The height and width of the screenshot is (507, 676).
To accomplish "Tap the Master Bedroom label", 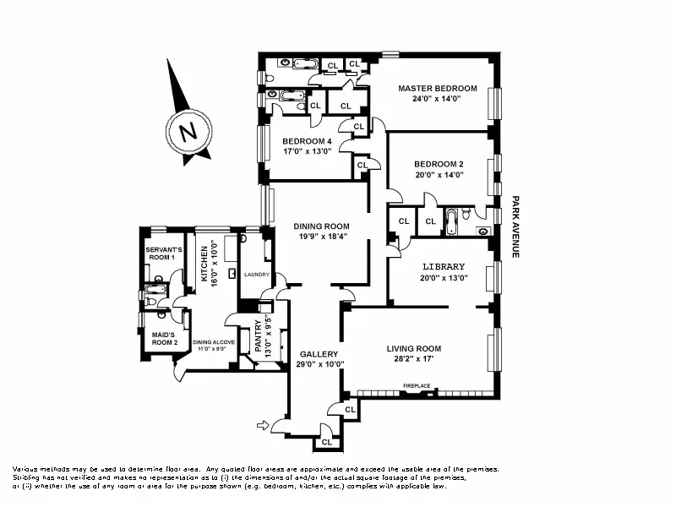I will pyautogui.click(x=438, y=88).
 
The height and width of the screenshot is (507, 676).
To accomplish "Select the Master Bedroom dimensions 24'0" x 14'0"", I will pyautogui.click(x=438, y=99).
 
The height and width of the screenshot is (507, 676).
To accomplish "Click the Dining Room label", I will pyautogui.click(x=321, y=226).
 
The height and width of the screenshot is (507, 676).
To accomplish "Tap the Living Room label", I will pyautogui.click(x=414, y=348).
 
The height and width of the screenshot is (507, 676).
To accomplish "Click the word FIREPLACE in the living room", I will pyautogui.click(x=416, y=386).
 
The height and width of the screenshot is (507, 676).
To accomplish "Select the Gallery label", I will pyautogui.click(x=319, y=354).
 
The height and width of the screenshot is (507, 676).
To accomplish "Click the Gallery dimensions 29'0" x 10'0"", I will pyautogui.click(x=319, y=364).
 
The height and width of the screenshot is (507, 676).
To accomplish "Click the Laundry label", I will pyautogui.click(x=256, y=275).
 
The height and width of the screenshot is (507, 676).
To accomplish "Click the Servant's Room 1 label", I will pyautogui.click(x=161, y=253).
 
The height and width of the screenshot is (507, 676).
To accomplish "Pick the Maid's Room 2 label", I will pyautogui.click(x=164, y=339).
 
